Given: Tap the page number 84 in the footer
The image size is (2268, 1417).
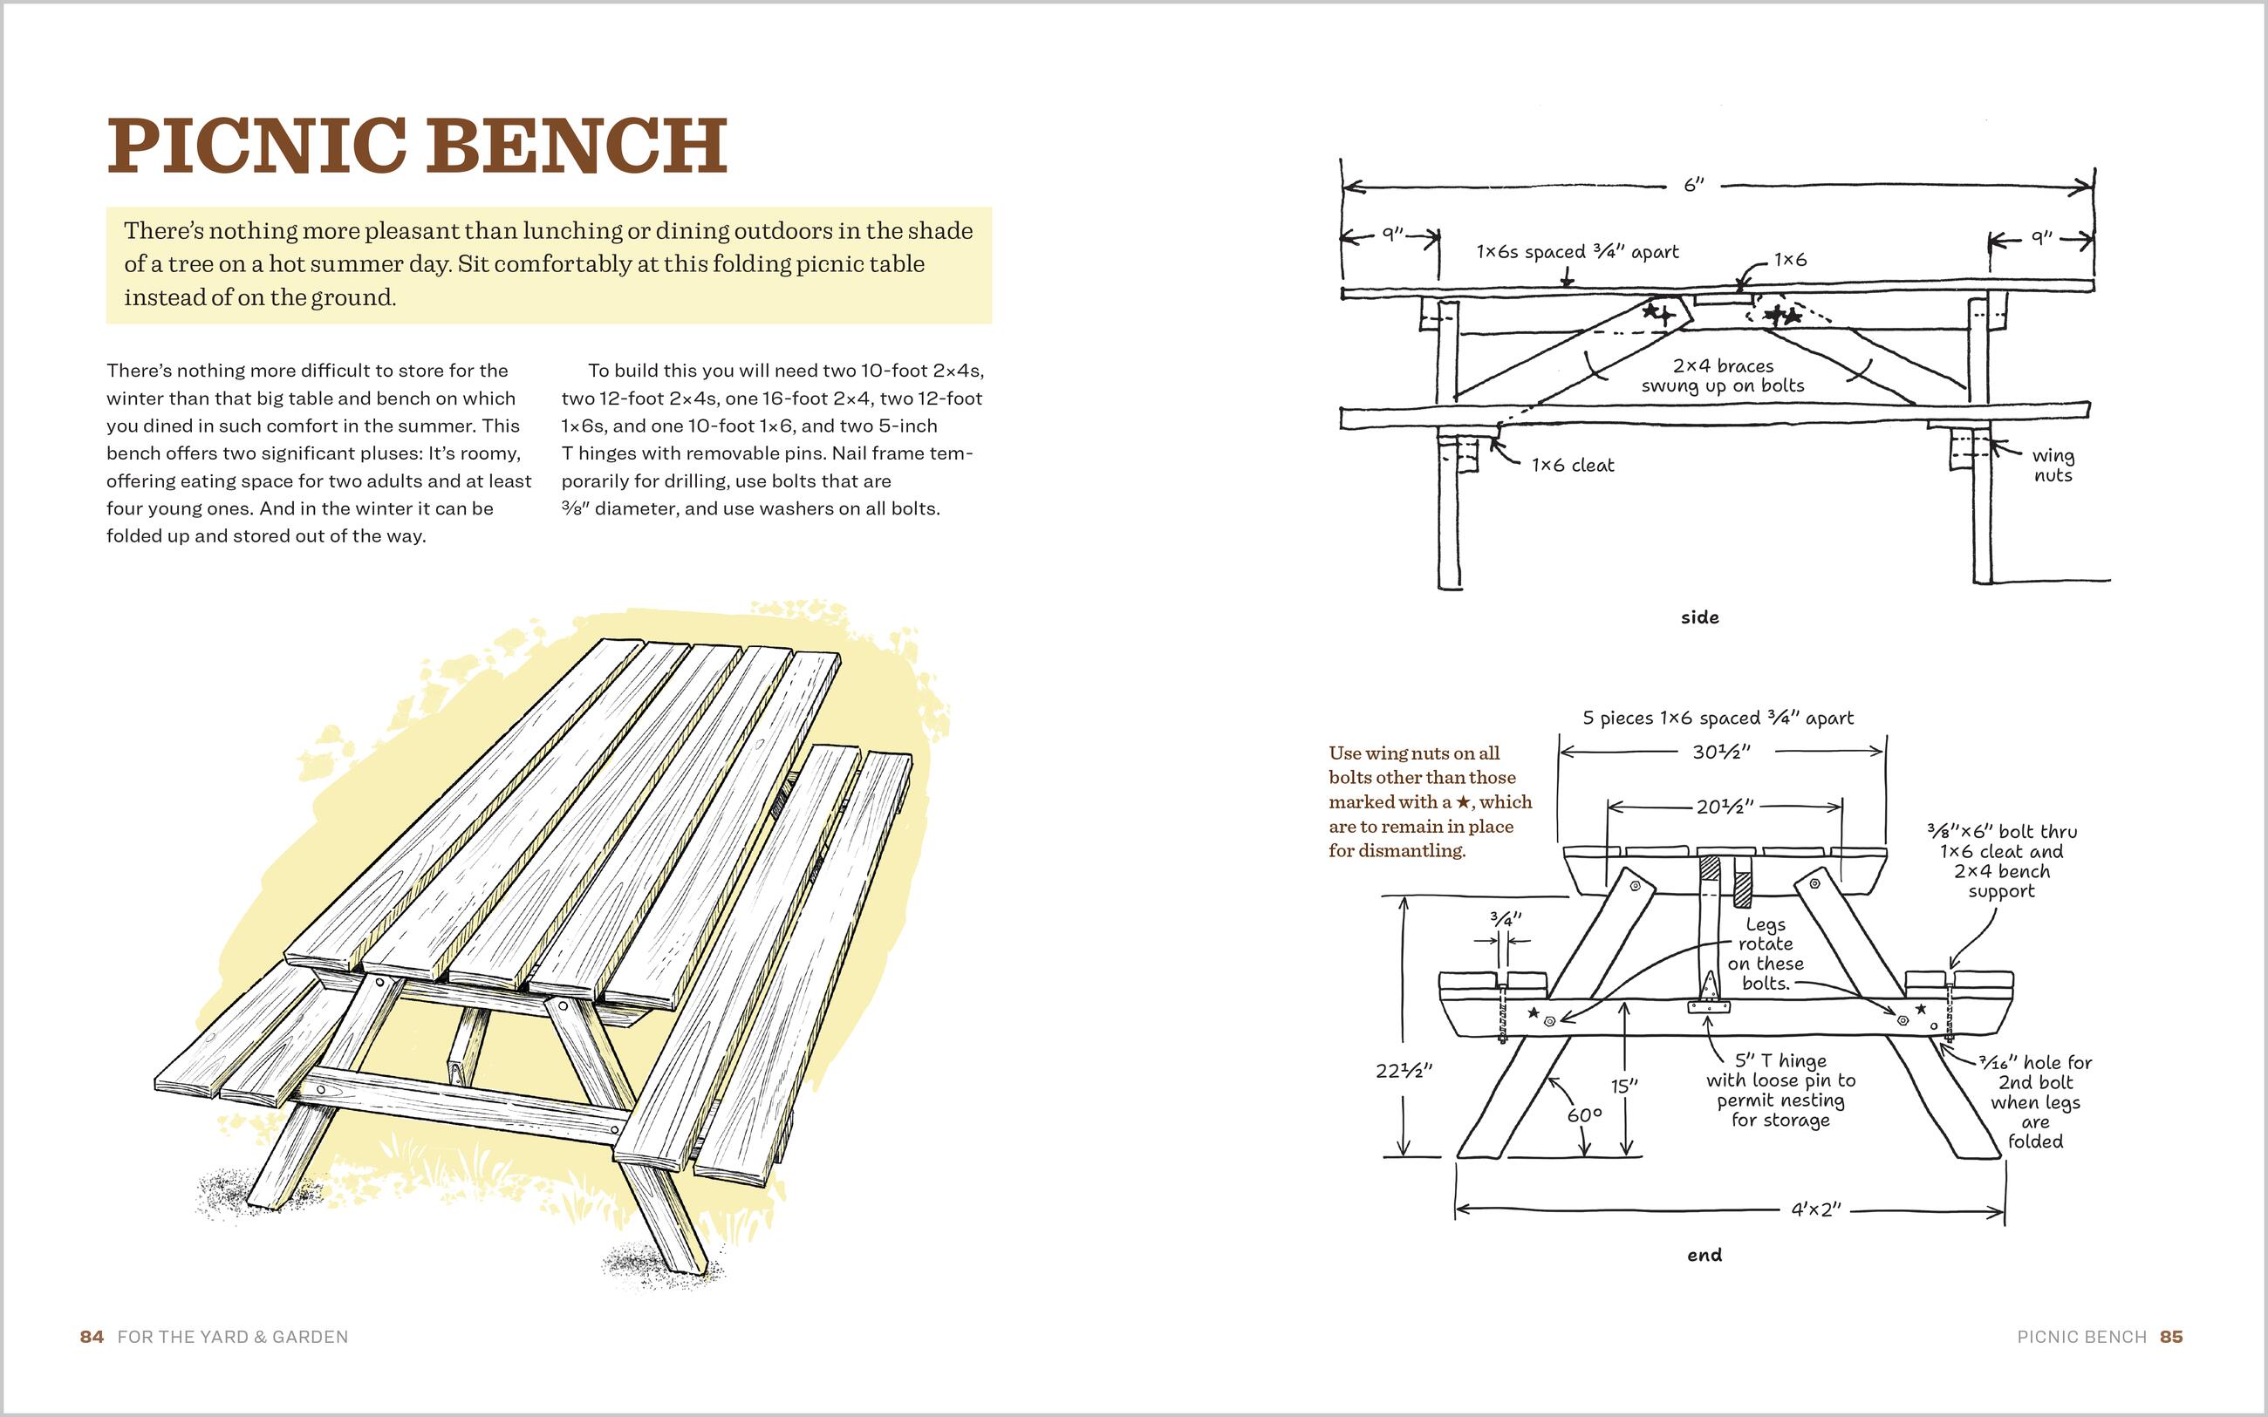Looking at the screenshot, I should [x=92, y=1337].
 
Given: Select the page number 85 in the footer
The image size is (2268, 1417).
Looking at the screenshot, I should [x=2171, y=1337].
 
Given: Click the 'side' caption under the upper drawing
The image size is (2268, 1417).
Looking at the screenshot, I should [x=1699, y=617].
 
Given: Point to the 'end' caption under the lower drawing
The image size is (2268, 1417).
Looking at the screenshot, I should [x=1704, y=1255].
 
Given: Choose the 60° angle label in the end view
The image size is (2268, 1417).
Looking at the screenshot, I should [x=1584, y=1115].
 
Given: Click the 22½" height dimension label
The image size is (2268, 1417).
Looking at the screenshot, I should [x=1403, y=1070].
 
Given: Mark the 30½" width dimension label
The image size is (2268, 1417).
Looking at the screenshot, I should [x=1722, y=751].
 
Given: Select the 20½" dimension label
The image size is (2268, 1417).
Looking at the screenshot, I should [x=1725, y=806].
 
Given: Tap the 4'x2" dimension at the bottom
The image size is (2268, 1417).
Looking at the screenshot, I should [x=1816, y=1209].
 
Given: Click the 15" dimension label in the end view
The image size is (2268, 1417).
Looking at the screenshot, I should [x=1624, y=1086].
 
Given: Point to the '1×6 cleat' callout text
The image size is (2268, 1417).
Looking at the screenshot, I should [x=1573, y=465].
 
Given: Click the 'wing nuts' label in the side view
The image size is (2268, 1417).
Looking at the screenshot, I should [x=2053, y=466].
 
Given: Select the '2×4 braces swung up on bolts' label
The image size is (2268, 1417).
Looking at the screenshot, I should [x=1723, y=376].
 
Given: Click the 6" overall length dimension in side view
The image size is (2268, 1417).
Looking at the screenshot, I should [x=1693, y=185].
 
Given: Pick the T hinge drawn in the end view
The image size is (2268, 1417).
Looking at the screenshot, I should [x=1709, y=998].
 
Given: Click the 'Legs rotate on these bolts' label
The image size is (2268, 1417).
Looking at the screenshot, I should [x=1765, y=954].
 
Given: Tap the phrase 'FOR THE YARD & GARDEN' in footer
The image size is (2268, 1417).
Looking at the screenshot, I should [x=232, y=1337].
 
